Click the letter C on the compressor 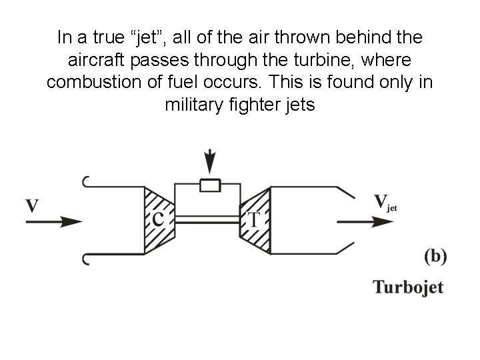tap(158, 219)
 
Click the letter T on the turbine tap(254, 219)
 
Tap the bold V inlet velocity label tap(32, 204)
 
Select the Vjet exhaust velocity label tap(385, 202)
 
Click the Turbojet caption tap(407, 287)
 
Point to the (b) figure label tap(435, 256)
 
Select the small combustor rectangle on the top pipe tap(211, 185)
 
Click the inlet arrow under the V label tap(53, 221)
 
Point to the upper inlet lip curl tap(85, 181)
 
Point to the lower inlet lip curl tap(85, 258)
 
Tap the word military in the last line tap(190, 105)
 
